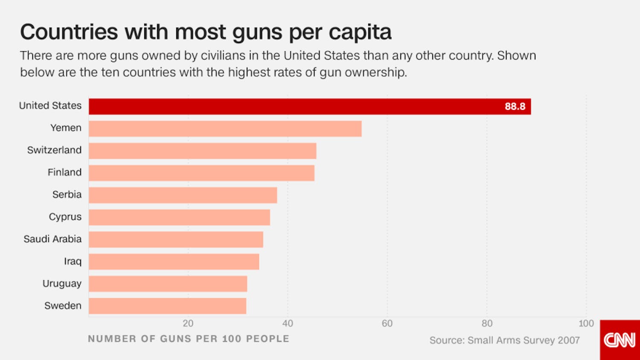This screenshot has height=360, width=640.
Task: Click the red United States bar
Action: point(299,107)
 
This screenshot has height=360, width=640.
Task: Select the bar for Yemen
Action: point(225,129)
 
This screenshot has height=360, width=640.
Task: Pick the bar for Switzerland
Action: point(202,151)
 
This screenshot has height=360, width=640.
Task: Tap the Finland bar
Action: point(201,173)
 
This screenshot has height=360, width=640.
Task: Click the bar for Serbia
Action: point(183,195)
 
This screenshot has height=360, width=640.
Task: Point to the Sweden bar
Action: point(167,306)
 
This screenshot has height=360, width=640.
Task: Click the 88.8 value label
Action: point(515,107)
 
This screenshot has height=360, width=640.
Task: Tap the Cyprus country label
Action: point(65,217)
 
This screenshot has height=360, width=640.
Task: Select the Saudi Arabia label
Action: point(52,239)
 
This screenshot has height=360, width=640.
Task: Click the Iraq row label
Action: point(73,261)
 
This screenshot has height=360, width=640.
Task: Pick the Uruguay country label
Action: point(62,284)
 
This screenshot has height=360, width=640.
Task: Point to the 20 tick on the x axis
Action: point(188,324)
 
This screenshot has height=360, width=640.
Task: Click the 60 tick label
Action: point(387,324)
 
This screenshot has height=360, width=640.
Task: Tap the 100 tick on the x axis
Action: point(586,324)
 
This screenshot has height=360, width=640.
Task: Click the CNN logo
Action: point(620,340)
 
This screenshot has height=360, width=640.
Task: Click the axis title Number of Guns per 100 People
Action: point(188,339)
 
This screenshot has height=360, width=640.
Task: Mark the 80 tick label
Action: point(487,324)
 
